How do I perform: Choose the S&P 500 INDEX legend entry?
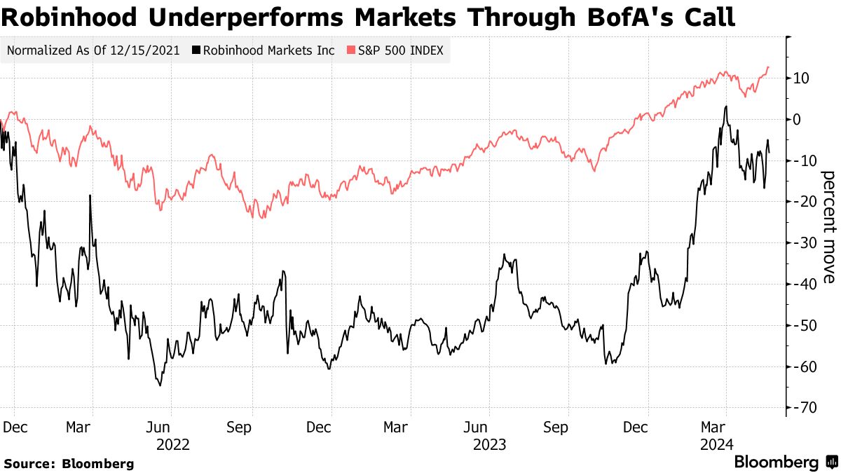click(398, 50)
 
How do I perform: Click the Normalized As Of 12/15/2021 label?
click(93, 50)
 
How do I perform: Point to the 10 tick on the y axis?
click(802, 78)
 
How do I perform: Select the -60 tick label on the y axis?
click(801, 366)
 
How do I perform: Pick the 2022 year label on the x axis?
click(172, 444)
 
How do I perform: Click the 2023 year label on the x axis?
click(490, 444)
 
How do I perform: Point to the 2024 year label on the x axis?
click(718, 444)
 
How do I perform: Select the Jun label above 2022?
click(159, 427)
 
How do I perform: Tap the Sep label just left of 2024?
click(557, 427)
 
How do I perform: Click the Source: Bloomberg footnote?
click(69, 463)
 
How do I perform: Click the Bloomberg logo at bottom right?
click(785, 462)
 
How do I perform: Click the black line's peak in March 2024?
click(726, 107)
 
